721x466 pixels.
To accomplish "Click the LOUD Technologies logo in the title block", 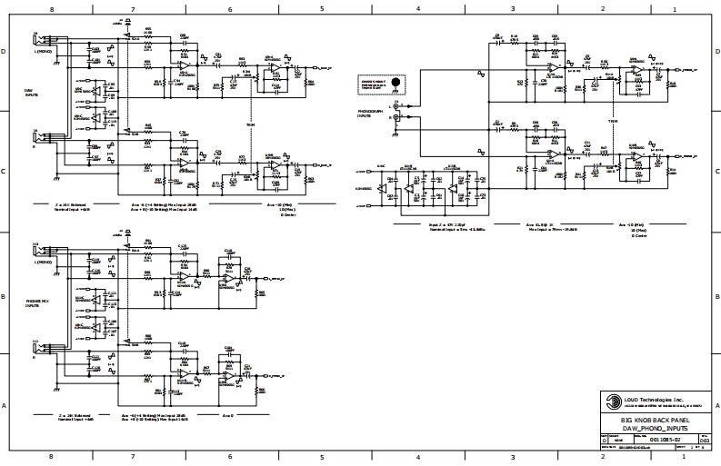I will point(608,398).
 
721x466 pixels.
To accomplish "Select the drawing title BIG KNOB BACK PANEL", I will point(655,420).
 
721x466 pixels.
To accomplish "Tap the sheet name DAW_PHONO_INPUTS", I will point(655,427).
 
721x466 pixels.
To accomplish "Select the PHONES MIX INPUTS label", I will point(33,302).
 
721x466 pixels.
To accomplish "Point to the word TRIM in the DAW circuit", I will point(251,124).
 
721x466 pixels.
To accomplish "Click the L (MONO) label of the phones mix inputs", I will point(44,261).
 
